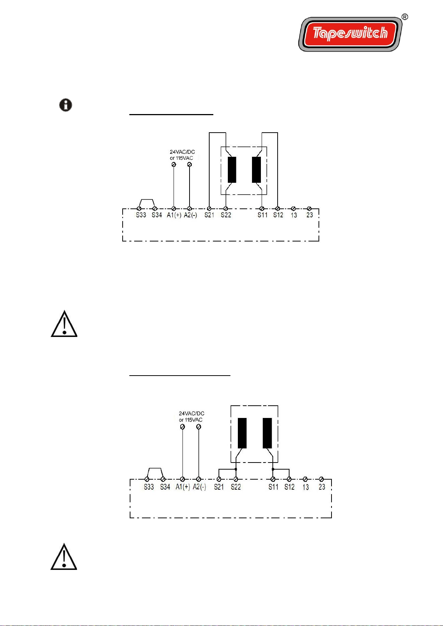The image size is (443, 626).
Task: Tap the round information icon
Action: pos(66,105)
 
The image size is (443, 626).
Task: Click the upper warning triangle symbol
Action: pos(64,324)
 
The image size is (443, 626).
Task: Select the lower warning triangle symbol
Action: pos(64,557)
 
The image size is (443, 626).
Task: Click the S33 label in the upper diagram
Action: pos(141,215)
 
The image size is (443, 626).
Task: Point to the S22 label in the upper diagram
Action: pos(226,215)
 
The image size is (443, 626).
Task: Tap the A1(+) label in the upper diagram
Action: pos(174,215)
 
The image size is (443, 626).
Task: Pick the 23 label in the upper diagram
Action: pos(310,215)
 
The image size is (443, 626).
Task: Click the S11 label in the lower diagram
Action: pos(274,487)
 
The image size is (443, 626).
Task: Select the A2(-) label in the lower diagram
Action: pos(200,487)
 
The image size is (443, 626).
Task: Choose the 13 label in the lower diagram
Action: pos(305,487)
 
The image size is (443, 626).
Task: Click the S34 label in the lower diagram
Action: pos(165,487)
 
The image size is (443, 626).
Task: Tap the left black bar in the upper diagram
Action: pos(232,170)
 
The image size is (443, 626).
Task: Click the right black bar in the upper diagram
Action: pos(256,170)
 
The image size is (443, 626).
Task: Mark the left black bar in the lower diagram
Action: pos(242,433)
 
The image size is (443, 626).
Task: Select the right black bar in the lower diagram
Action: pos(267,433)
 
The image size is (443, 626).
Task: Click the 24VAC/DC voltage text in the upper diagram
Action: pos(182,152)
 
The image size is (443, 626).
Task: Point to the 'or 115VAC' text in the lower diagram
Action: pos(191,420)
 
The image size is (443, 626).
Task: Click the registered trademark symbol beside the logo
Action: pos(405,17)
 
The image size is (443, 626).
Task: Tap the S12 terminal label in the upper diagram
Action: pos(278,215)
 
